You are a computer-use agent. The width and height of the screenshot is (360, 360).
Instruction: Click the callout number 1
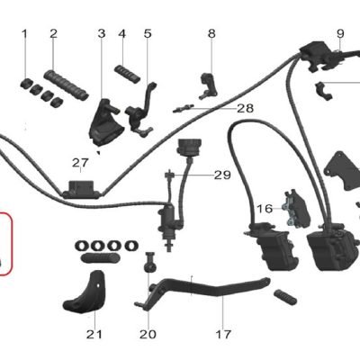[24, 34]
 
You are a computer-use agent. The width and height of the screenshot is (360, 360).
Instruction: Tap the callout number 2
[53, 33]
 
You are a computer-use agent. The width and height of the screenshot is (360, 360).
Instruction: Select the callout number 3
[102, 33]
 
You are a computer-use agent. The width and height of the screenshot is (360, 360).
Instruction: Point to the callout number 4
[121, 34]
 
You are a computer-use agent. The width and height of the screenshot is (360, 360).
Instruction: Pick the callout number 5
[148, 33]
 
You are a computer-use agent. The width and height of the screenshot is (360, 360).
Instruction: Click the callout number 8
[211, 33]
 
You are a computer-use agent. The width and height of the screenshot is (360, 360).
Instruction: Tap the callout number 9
[340, 33]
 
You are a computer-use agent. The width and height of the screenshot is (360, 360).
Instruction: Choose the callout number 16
[265, 209]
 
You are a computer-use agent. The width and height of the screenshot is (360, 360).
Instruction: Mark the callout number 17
[223, 334]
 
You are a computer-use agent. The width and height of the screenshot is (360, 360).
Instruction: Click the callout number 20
[148, 334]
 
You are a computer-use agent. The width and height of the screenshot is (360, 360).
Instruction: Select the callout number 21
[94, 334]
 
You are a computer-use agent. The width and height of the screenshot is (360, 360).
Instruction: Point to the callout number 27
[80, 163]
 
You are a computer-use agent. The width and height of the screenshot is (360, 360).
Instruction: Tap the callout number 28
[246, 108]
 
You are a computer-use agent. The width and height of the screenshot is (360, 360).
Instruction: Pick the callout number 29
[222, 175]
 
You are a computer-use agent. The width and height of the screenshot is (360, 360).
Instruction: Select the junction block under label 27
[81, 190]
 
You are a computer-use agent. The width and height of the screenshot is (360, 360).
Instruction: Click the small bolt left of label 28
[184, 108]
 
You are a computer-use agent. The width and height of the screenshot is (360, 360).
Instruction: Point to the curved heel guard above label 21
[85, 292]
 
